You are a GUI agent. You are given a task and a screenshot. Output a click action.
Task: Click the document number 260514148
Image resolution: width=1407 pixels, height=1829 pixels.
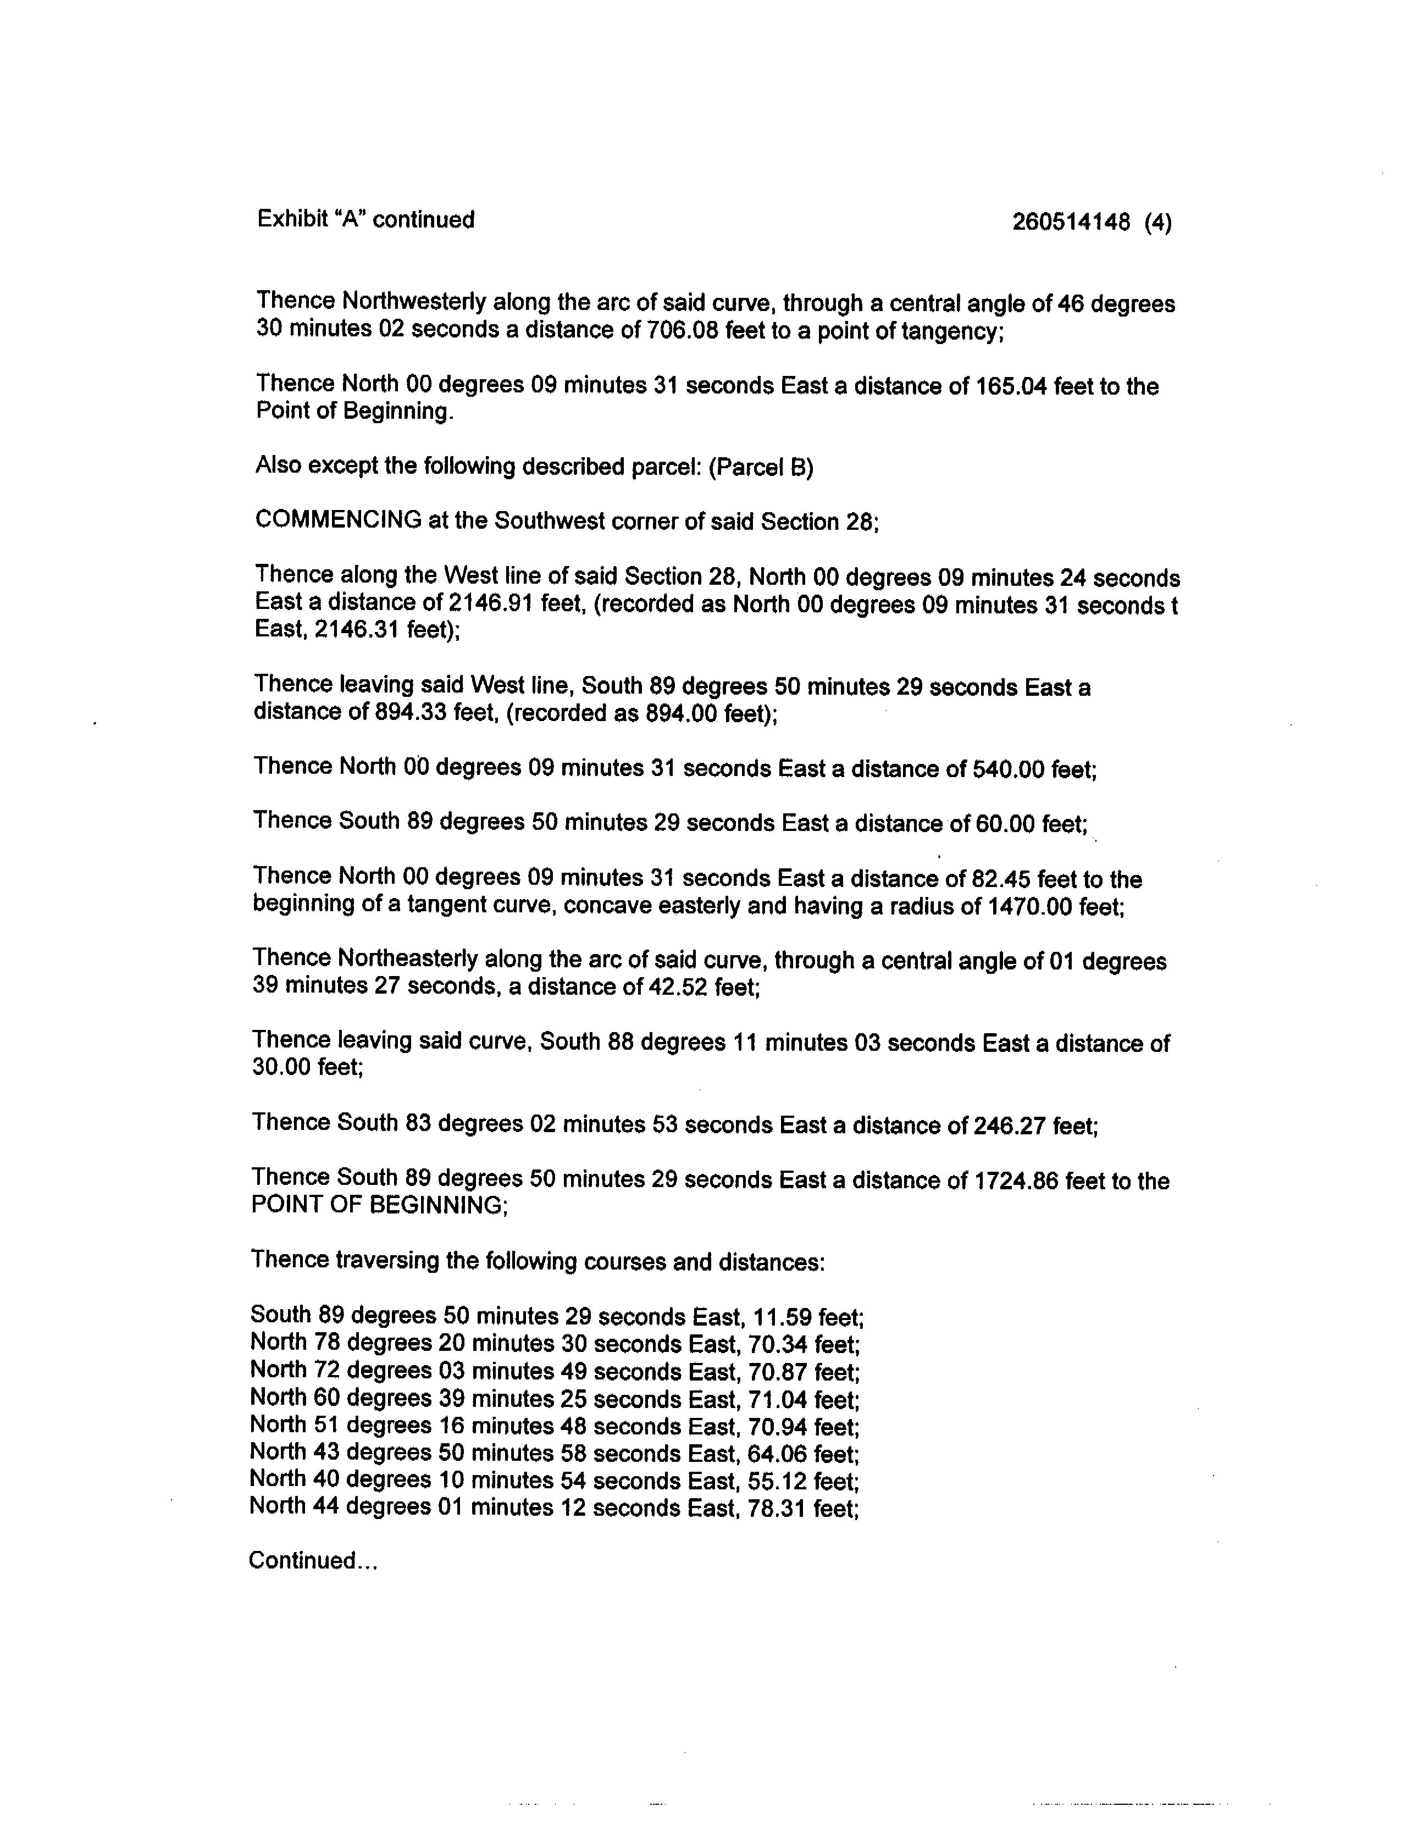click(x=1071, y=222)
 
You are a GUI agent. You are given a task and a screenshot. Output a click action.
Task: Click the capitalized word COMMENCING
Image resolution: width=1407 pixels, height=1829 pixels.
click(x=339, y=521)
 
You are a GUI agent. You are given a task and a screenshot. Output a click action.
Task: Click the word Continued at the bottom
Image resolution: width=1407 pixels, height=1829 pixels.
click(x=302, y=1560)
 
